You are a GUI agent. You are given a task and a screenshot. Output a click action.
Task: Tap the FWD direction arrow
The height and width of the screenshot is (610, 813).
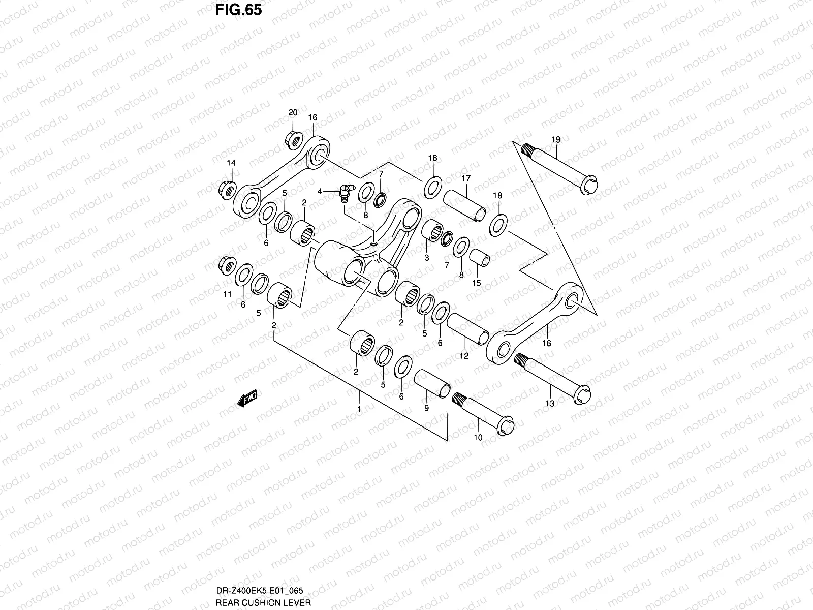(248, 399)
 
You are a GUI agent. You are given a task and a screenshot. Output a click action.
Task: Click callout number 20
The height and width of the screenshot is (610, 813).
(293, 112)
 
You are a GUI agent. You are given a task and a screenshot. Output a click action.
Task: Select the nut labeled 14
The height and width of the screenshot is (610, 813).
(227, 190)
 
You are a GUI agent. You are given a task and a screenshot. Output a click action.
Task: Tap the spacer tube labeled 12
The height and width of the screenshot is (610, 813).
(467, 329)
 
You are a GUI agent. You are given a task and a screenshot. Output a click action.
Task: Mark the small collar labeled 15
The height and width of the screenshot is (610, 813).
(479, 258)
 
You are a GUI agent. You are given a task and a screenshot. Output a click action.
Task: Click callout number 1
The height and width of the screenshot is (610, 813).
(359, 408)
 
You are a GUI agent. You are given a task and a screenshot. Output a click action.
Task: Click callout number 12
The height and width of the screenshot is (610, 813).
(464, 356)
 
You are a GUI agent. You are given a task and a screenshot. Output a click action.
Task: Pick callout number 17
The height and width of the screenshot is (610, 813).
(466, 178)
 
